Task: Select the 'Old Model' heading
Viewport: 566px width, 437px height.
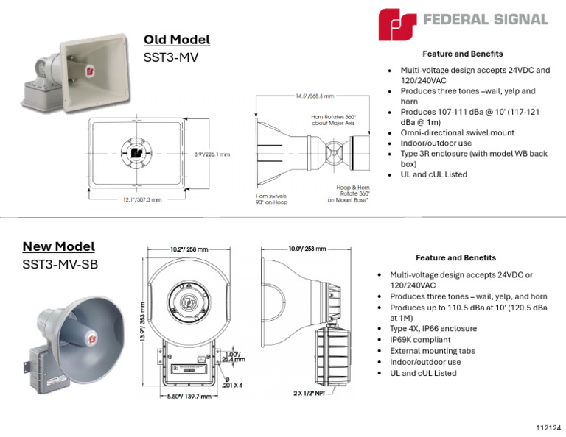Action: (x=177, y=40)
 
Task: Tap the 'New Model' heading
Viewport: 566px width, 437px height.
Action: (x=58, y=246)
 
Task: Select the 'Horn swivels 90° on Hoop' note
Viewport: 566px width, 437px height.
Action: (x=271, y=200)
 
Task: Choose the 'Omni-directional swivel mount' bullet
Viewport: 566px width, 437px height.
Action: (x=457, y=133)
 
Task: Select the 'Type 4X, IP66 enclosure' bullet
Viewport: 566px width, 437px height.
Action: (x=433, y=329)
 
